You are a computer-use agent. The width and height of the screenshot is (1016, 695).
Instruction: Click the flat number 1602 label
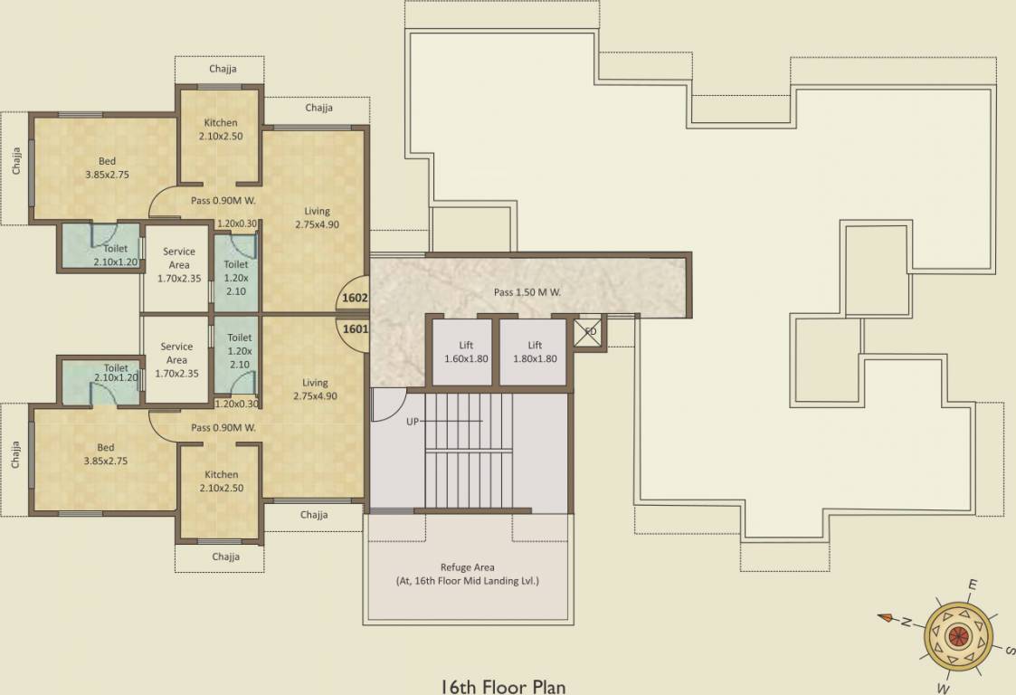354,297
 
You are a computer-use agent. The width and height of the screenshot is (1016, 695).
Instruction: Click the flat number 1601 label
355,329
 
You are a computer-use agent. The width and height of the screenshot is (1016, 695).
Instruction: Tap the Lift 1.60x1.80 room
466,352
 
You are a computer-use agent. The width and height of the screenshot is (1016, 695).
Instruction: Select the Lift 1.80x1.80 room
535,352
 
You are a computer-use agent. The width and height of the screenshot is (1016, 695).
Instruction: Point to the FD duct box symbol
590,331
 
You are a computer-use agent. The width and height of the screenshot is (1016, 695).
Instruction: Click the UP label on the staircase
413,422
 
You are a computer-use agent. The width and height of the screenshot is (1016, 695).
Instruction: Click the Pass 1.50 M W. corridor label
527,292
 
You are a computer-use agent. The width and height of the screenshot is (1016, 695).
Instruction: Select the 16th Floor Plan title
503,686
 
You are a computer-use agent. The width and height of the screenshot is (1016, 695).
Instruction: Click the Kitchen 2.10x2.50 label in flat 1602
221,129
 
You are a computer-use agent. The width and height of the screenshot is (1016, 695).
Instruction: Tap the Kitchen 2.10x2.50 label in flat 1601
221,481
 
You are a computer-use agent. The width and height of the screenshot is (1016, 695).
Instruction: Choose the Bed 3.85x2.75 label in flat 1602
107,168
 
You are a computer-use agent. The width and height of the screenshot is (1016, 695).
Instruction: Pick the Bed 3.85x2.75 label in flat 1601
106,454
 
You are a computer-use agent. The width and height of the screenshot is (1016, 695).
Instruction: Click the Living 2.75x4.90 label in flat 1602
317,218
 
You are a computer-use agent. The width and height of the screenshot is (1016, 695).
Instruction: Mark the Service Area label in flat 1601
176,359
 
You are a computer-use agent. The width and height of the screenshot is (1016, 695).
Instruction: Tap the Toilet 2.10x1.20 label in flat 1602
115,255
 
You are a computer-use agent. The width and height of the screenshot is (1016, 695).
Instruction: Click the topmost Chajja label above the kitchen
223,69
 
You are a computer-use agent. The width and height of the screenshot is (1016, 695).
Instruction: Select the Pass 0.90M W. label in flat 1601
223,427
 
